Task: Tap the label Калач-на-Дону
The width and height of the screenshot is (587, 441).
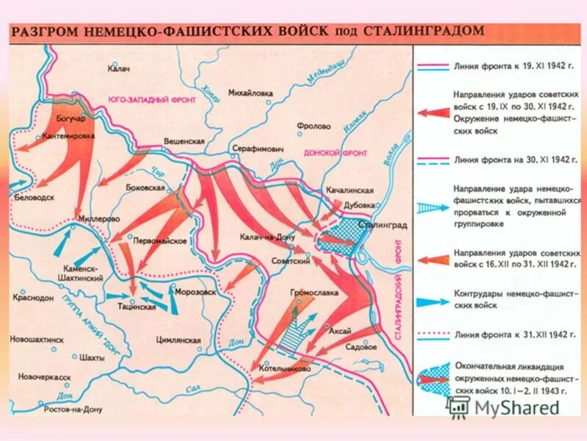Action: [x=266, y=237]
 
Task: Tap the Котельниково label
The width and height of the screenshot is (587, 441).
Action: [x=291, y=368]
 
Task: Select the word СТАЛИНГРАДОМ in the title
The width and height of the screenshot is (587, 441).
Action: [x=420, y=32]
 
